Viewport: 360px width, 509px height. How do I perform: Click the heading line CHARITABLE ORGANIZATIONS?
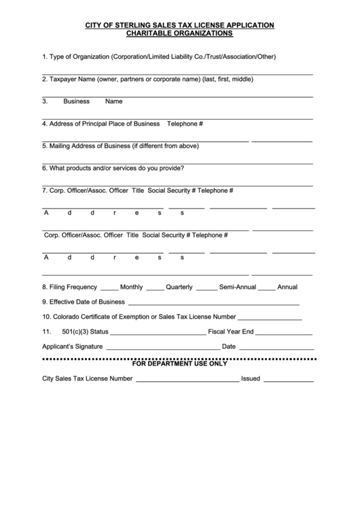tap(179, 33)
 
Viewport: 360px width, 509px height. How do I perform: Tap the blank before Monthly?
tap(109, 288)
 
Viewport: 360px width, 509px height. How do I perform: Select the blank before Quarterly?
tap(155, 288)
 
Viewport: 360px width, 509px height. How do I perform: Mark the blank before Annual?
tap(266, 288)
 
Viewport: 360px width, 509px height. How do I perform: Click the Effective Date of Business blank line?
tap(213, 303)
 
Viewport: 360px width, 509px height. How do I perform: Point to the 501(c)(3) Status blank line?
tap(158, 333)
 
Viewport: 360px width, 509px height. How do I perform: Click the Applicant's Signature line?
tap(162, 348)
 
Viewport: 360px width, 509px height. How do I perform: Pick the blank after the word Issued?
tap(288, 380)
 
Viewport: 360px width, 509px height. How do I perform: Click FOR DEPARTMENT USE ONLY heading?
tap(179, 364)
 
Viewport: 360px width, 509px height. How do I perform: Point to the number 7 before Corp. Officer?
tap(44, 190)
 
